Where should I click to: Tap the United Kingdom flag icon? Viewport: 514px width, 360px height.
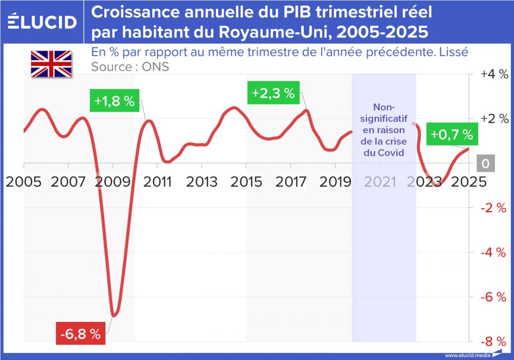coord(51,64)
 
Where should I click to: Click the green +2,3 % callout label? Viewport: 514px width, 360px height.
coord(273,93)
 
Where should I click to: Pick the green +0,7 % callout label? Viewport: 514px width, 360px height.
coord(451,135)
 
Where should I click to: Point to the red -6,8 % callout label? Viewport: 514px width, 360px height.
coord(80,334)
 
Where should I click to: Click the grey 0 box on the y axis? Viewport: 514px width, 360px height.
coord(485,164)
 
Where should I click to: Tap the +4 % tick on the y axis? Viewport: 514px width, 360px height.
coord(494,74)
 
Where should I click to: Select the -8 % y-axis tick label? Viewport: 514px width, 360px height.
coord(494,341)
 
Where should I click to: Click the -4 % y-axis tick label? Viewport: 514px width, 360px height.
coord(494,253)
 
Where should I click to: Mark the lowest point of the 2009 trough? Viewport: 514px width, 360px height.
coord(114,315)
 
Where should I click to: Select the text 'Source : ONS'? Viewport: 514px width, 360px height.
coord(130,67)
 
